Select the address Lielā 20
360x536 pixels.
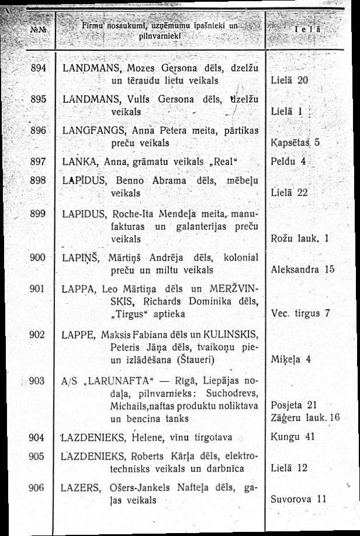(x=290, y=79)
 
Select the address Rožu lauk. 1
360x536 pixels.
(x=302, y=238)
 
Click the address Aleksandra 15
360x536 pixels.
(x=303, y=271)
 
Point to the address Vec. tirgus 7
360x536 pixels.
(x=301, y=313)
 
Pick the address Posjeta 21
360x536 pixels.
(x=295, y=405)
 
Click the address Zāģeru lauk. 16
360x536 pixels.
(x=306, y=417)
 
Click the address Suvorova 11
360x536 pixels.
(x=299, y=500)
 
